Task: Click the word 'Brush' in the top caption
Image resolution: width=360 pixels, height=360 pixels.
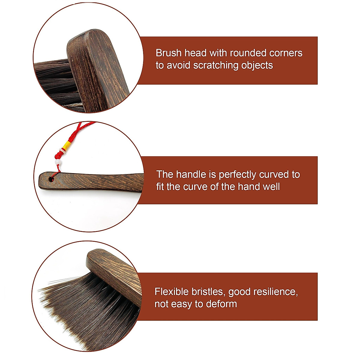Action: pyautogui.click(x=169, y=53)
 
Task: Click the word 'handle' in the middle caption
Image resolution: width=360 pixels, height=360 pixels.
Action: pyautogui.click(x=191, y=174)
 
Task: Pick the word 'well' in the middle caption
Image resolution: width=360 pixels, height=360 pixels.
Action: pyautogui.click(x=271, y=187)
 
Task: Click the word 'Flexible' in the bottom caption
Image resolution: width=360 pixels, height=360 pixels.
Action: pyautogui.click(x=172, y=292)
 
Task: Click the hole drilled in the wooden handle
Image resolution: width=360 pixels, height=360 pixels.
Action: pyautogui.click(x=51, y=179)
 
